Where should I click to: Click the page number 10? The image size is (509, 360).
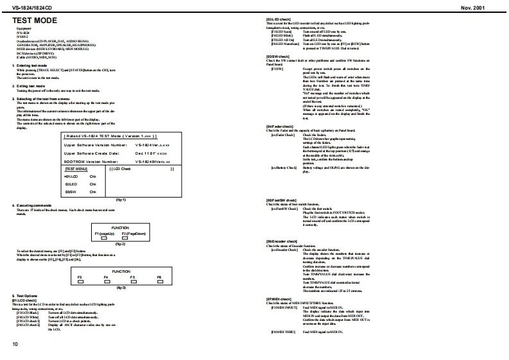click(x=15, y=345)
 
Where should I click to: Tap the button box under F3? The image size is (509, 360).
click(x=81, y=281)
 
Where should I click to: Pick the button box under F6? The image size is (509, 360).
click(x=159, y=281)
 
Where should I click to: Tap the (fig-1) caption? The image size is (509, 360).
click(x=120, y=200)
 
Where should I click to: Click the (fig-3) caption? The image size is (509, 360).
click(x=120, y=288)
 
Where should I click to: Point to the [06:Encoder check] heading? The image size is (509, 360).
click(x=282, y=241)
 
